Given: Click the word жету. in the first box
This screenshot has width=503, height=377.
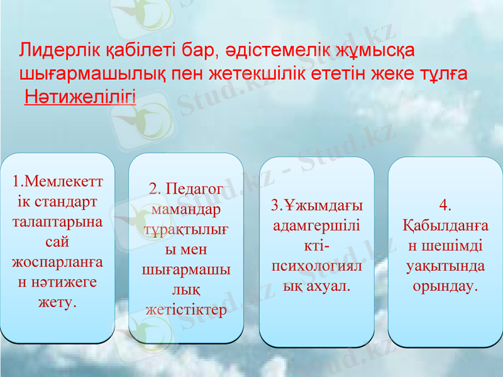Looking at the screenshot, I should click(58, 303).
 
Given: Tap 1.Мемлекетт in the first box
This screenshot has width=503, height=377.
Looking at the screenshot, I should click(58, 182).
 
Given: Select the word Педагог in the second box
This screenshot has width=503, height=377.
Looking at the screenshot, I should click(199, 188).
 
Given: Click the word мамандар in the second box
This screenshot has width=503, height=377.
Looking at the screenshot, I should click(185, 209).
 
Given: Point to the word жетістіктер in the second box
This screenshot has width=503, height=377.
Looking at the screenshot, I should click(185, 310).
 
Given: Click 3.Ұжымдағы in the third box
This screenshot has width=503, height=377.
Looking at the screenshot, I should click(317, 205).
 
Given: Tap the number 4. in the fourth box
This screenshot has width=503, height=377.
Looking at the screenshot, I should click(445, 205).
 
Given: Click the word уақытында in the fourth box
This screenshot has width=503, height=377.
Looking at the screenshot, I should click(445, 265).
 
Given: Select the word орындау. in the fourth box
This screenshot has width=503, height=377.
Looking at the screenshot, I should click(445, 285).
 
